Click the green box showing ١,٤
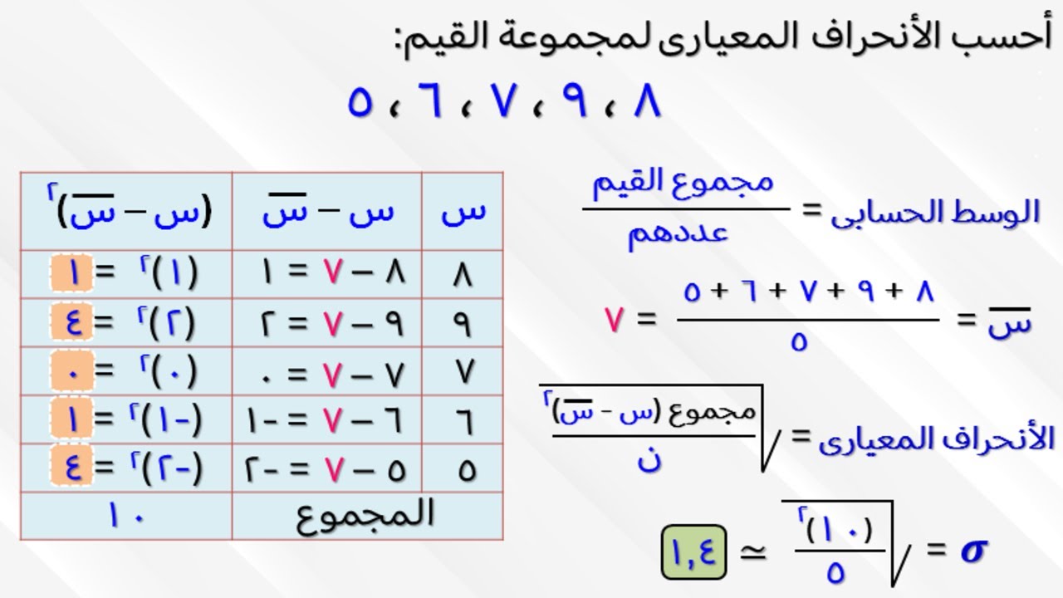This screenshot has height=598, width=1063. click(x=693, y=550)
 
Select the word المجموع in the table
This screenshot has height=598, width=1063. click(x=365, y=515)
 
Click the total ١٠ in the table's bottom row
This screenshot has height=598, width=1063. click(x=126, y=516)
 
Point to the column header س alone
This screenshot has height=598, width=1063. click(x=463, y=212)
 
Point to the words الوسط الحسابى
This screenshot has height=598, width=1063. click(x=935, y=213)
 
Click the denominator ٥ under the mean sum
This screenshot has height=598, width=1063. click(x=799, y=342)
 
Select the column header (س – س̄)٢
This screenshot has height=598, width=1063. click(x=129, y=212)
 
